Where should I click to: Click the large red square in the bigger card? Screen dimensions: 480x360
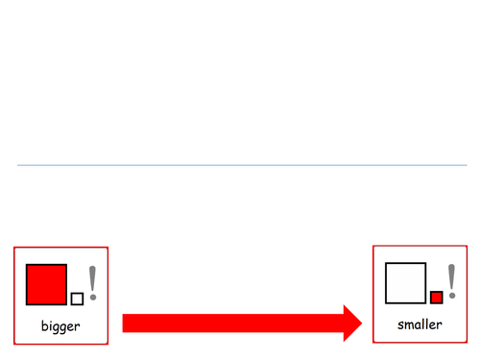(46, 284)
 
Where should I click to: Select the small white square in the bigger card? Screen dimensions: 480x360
(77, 299)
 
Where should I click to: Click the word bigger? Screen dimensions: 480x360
(60, 327)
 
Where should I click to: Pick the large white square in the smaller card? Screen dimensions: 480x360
(404, 282)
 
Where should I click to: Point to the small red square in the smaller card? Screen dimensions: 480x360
(436, 297)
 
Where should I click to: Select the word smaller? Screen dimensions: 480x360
(420, 325)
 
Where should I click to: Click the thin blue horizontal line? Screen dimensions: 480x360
(240, 165)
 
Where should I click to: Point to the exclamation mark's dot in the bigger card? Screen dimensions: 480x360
(93, 298)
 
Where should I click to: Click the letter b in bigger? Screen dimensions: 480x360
(44, 326)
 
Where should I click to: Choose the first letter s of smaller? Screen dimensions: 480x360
(401, 325)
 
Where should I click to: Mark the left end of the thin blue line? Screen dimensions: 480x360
(18, 165)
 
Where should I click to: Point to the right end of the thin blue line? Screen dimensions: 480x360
(466, 165)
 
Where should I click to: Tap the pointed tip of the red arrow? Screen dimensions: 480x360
(362, 323)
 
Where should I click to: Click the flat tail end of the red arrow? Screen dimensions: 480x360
(124, 323)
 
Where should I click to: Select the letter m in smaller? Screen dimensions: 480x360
(409, 325)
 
